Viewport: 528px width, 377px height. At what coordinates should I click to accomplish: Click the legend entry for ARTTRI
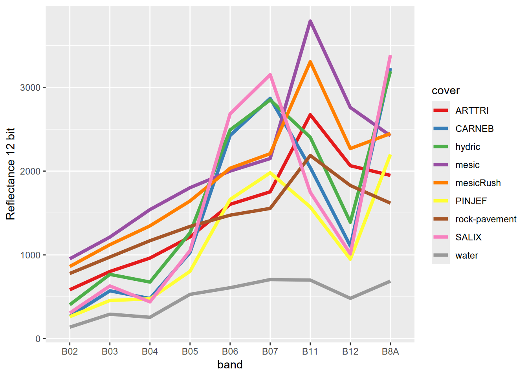coord(471,111)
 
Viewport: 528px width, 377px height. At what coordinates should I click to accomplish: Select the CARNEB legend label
coord(474,129)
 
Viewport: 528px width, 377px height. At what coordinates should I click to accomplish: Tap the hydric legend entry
coord(467,147)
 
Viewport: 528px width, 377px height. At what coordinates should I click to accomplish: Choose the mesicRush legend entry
coord(478,183)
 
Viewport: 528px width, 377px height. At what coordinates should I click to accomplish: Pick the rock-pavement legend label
coord(486,219)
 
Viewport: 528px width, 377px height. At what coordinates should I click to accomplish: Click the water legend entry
coord(466,256)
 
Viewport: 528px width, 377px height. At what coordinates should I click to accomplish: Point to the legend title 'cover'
coord(445,91)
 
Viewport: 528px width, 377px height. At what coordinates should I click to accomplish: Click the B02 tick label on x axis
coord(70,351)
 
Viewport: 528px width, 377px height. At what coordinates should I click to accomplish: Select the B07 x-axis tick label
coord(270,351)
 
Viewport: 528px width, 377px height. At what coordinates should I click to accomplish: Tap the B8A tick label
coord(390,351)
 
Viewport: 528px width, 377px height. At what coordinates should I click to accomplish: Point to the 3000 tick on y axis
coord(30,88)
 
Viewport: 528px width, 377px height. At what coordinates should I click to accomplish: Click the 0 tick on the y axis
coord(38,339)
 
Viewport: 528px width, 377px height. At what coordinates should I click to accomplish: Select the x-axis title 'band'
coord(230,365)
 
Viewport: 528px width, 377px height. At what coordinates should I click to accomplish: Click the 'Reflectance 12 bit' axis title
coord(11,174)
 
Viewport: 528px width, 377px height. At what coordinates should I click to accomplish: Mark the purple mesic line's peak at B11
coord(310,21)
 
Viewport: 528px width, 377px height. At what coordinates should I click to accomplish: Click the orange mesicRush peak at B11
coord(310,62)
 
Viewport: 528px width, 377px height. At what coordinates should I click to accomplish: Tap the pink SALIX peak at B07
coord(270,75)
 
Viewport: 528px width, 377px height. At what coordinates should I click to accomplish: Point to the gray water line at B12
coord(350,298)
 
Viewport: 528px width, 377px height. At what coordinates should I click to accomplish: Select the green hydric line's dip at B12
coord(350,222)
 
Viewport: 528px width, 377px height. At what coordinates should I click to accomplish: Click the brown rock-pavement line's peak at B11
coord(310,156)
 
